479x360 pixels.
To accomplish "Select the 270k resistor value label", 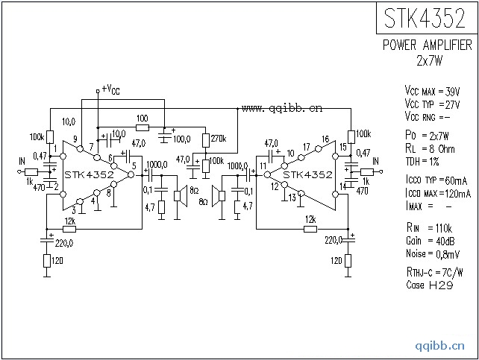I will tap(219, 139).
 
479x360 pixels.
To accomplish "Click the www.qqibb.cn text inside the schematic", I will tap(283, 108).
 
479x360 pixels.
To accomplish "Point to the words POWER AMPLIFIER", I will tap(427, 45).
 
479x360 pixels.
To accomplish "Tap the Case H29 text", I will tap(426, 285).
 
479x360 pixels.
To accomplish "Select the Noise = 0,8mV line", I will tap(430, 253).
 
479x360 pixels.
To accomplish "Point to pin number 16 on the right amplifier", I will tap(325, 139).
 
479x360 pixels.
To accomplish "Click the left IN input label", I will tap(22, 160).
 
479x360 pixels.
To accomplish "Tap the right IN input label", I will tap(375, 160).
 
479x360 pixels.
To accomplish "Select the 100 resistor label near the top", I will tap(142, 119).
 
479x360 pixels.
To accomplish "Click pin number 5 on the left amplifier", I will tap(134, 165).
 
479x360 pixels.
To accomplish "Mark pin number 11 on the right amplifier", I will tap(263, 165).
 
